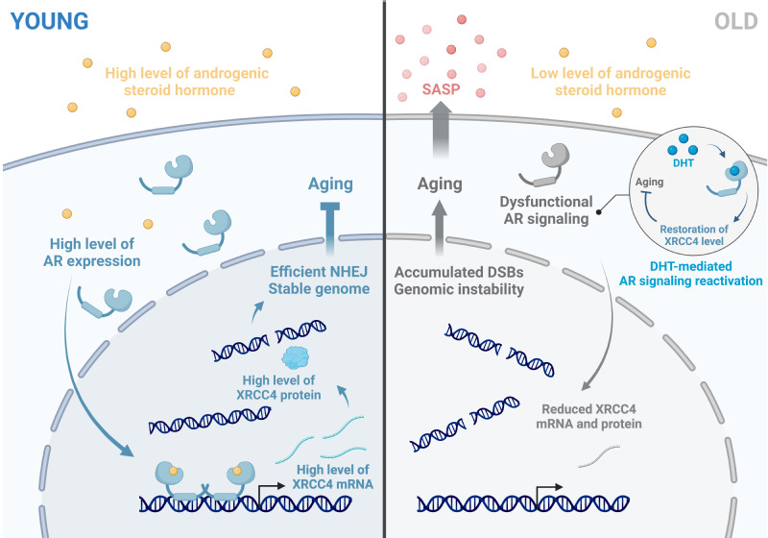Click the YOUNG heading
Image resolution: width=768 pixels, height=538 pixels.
tap(48, 18)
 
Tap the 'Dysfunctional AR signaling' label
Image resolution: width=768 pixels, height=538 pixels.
tap(543, 210)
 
